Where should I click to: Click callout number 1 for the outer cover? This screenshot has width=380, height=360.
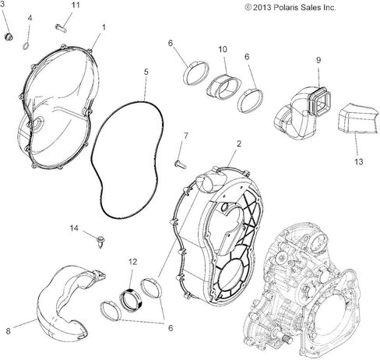[x=103, y=27]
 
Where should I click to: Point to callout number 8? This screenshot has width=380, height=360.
[x=9, y=331]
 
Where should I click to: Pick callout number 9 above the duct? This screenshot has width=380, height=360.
[x=318, y=60]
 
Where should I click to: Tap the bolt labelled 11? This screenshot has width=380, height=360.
[x=61, y=27]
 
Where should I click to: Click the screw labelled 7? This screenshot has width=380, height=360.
[x=178, y=163]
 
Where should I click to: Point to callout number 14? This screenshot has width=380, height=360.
[x=75, y=228]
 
